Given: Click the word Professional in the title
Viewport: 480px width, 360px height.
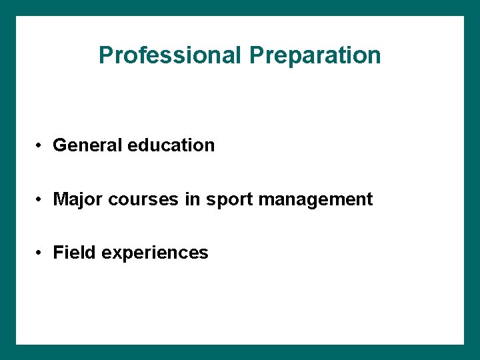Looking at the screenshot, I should [169, 55].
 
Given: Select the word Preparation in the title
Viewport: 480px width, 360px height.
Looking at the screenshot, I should [315, 55].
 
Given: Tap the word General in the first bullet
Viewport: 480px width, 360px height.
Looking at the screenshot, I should [86, 145].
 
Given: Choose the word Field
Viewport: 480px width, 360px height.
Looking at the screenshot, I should [72, 253].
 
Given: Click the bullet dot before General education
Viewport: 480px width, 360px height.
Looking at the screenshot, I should [40, 146].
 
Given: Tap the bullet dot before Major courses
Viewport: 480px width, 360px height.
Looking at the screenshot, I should [40, 200].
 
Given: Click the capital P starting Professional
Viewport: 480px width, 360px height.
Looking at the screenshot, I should [105, 55].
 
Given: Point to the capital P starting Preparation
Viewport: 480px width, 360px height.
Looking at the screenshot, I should [257, 55].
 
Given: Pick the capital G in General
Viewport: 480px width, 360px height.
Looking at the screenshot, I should [59, 145].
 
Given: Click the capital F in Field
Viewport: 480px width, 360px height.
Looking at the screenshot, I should [58, 253].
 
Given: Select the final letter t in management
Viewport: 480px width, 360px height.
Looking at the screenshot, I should [369, 199].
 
